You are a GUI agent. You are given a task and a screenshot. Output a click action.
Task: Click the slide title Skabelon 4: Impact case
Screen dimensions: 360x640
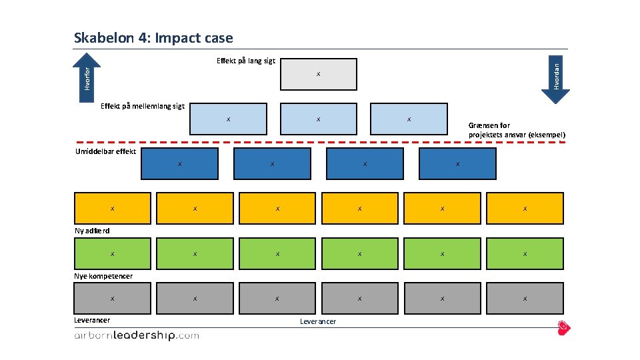[153, 38]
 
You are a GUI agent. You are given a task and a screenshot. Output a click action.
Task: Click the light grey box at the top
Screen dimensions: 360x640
[318, 74]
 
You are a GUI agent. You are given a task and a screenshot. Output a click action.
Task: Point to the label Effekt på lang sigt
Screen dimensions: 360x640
[245, 61]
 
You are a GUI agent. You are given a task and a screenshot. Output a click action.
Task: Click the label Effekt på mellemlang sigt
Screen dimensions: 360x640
[142, 106]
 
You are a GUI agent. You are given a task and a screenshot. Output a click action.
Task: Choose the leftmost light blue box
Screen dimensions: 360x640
[228, 119]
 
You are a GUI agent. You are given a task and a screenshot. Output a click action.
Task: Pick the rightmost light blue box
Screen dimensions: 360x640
[408, 119]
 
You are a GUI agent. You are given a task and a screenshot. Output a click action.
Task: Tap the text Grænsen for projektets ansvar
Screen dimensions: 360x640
[517, 130]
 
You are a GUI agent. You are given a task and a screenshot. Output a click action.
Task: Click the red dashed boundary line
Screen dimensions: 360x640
[267, 142]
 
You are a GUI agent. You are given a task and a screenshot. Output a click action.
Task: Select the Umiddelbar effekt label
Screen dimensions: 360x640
[105, 151]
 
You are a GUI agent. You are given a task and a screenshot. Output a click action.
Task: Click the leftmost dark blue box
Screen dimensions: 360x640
[179, 164]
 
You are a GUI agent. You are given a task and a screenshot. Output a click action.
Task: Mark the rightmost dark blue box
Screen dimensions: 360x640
[457, 164]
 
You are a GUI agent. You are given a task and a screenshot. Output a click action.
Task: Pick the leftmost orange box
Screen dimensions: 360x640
[112, 209]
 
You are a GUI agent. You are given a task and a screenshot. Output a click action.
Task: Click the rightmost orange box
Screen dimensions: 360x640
[525, 209]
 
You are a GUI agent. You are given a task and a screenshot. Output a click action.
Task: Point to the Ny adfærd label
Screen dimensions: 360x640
[92, 231]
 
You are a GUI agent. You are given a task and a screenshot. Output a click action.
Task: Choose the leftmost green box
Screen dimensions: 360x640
[112, 253]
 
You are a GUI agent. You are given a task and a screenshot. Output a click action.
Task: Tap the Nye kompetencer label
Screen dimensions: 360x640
[103, 276]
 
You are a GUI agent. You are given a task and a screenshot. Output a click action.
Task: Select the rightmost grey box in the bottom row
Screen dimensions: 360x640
[525, 298]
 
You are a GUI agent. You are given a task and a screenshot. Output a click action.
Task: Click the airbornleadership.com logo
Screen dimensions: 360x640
[136, 336]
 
